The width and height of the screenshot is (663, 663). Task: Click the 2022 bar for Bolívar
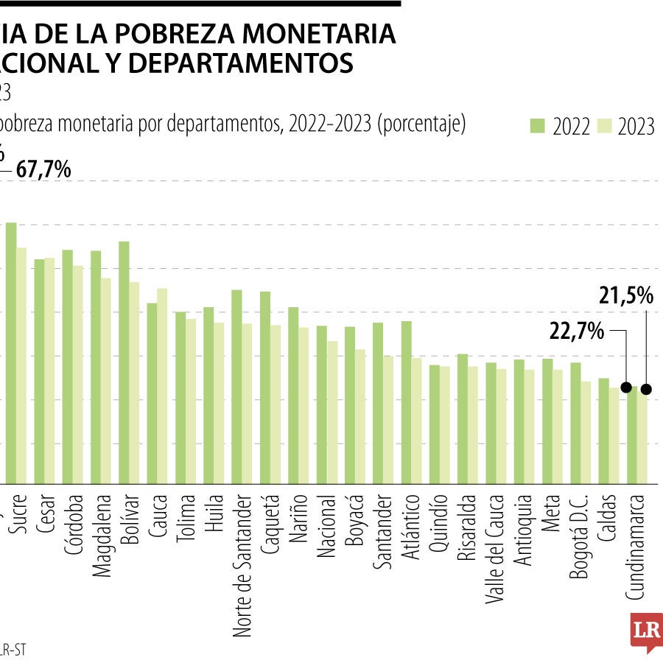click(124, 361)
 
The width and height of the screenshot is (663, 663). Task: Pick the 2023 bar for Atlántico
click(416, 420)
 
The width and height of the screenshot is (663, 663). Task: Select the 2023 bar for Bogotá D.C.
click(586, 432)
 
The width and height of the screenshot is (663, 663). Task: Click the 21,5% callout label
click(626, 296)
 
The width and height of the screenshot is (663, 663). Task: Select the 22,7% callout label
click(577, 331)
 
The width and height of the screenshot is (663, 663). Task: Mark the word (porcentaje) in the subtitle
click(421, 124)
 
